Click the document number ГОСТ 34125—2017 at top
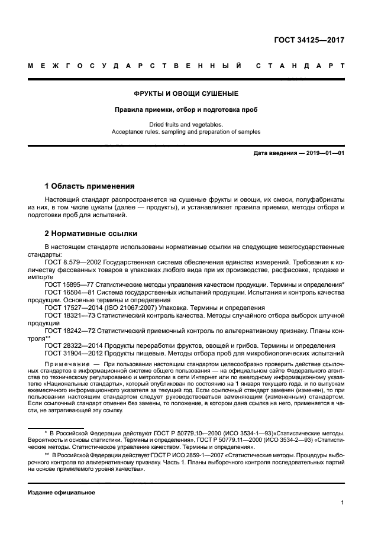coord(309,41)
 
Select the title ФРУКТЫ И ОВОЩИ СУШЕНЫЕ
coord(186,93)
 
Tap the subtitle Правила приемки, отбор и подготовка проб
coord(186,109)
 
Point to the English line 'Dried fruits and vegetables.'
coord(186,125)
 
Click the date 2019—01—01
coord(324,154)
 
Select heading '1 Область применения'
coord(90,185)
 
